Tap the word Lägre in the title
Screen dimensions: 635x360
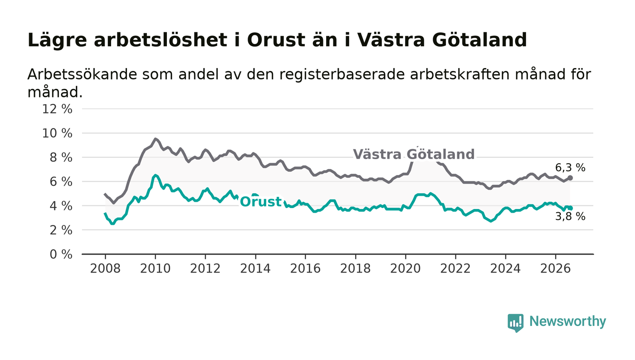[57, 40]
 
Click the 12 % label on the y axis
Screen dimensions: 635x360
[57, 109]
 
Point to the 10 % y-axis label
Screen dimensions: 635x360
[57, 133]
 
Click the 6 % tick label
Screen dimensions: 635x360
[61, 182]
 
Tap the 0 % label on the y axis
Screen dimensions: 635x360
[61, 254]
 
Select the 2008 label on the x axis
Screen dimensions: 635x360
[105, 269]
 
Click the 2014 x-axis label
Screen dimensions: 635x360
[255, 269]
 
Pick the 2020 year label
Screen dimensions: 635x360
[405, 269]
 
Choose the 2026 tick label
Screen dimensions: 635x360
[555, 269]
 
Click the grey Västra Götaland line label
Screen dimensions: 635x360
[414, 154]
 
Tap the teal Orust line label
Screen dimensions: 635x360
[261, 202]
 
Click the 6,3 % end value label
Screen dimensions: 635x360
[570, 168]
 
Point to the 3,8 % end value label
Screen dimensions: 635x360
[570, 217]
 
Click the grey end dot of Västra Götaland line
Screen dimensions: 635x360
[570, 178]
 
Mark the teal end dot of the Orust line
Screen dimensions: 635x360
[570, 208]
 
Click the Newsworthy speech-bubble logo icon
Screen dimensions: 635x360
[516, 323]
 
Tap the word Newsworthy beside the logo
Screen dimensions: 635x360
[567, 321]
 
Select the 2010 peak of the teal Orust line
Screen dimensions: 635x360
[155, 175]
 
